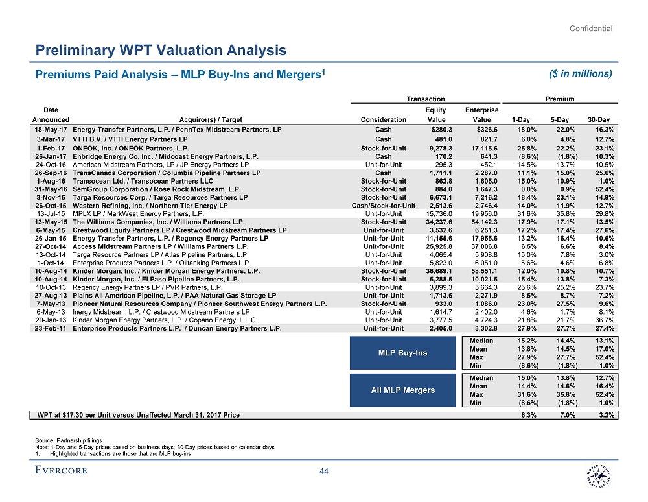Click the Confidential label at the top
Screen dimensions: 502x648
click(x=591, y=28)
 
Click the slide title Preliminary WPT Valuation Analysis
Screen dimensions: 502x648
click(x=161, y=50)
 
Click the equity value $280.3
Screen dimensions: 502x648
click(x=432, y=130)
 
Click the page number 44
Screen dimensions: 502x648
click(x=324, y=471)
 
